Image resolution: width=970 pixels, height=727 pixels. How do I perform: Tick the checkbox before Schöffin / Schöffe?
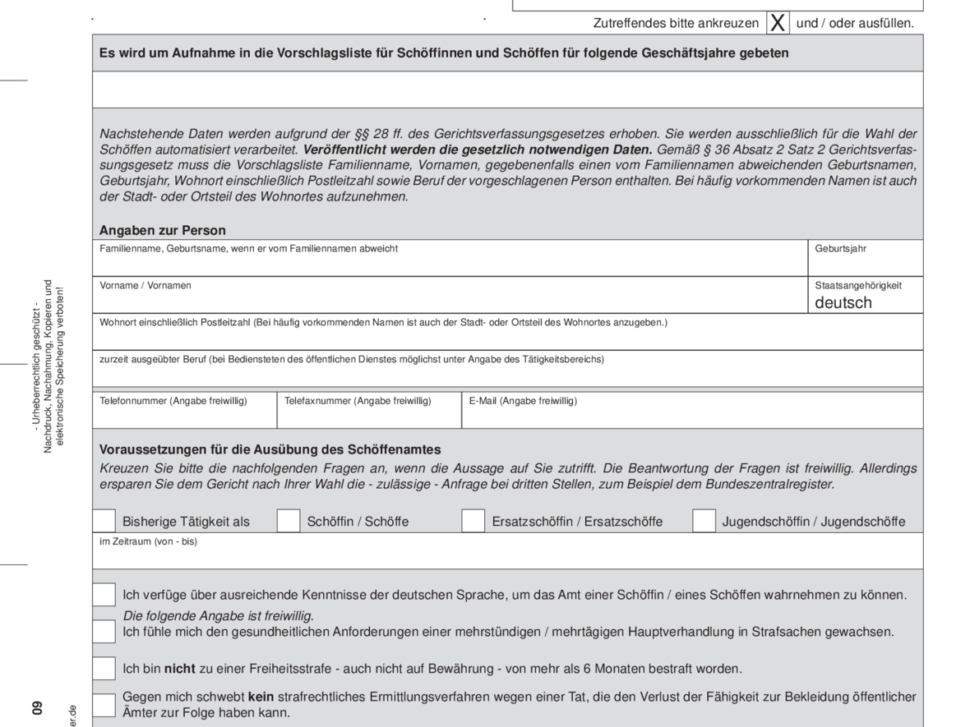289,521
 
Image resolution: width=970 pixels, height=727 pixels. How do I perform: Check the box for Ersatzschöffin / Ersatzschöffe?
473,521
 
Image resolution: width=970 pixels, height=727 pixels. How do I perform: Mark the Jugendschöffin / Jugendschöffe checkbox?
704,521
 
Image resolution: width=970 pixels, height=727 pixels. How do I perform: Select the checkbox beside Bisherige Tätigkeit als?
104,521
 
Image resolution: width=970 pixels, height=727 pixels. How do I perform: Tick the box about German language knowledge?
104,595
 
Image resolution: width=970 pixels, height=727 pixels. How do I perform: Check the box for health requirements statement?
104,632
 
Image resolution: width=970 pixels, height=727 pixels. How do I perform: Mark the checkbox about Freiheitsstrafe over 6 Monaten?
104,669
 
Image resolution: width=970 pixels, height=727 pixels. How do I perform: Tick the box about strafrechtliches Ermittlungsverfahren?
104,705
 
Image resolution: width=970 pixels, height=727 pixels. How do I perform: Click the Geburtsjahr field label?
840,248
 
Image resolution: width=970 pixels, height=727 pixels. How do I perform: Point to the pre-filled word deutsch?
843,302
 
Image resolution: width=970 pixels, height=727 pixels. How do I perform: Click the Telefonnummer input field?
185,416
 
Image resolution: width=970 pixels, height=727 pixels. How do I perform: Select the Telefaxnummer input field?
369,416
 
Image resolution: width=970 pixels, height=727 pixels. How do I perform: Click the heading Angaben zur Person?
163,230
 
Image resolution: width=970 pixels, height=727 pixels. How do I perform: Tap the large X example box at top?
777,23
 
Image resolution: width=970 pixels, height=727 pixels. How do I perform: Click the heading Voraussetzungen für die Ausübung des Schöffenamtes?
270,449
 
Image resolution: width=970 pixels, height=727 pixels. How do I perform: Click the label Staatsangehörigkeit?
858,285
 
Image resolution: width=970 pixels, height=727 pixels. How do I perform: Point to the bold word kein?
260,697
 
